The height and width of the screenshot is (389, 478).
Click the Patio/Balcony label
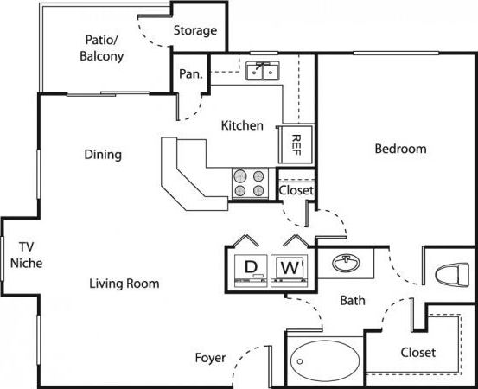(x=103, y=48)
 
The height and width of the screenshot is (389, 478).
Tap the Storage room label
(x=194, y=30)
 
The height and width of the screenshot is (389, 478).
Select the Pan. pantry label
(x=190, y=73)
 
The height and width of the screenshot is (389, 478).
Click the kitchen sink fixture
(x=264, y=71)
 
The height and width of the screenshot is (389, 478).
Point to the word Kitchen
(x=242, y=125)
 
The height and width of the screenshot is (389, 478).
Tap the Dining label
(x=103, y=155)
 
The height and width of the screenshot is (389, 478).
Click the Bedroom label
(x=400, y=149)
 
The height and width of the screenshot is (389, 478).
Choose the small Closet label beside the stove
(x=296, y=190)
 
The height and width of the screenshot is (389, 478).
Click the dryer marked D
(x=251, y=268)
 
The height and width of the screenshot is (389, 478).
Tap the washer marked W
(x=290, y=268)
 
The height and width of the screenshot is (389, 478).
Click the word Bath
(x=352, y=301)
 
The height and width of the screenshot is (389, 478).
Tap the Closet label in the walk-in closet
(x=417, y=353)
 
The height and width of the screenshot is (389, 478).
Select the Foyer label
(x=210, y=356)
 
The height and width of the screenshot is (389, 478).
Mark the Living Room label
(x=124, y=283)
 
